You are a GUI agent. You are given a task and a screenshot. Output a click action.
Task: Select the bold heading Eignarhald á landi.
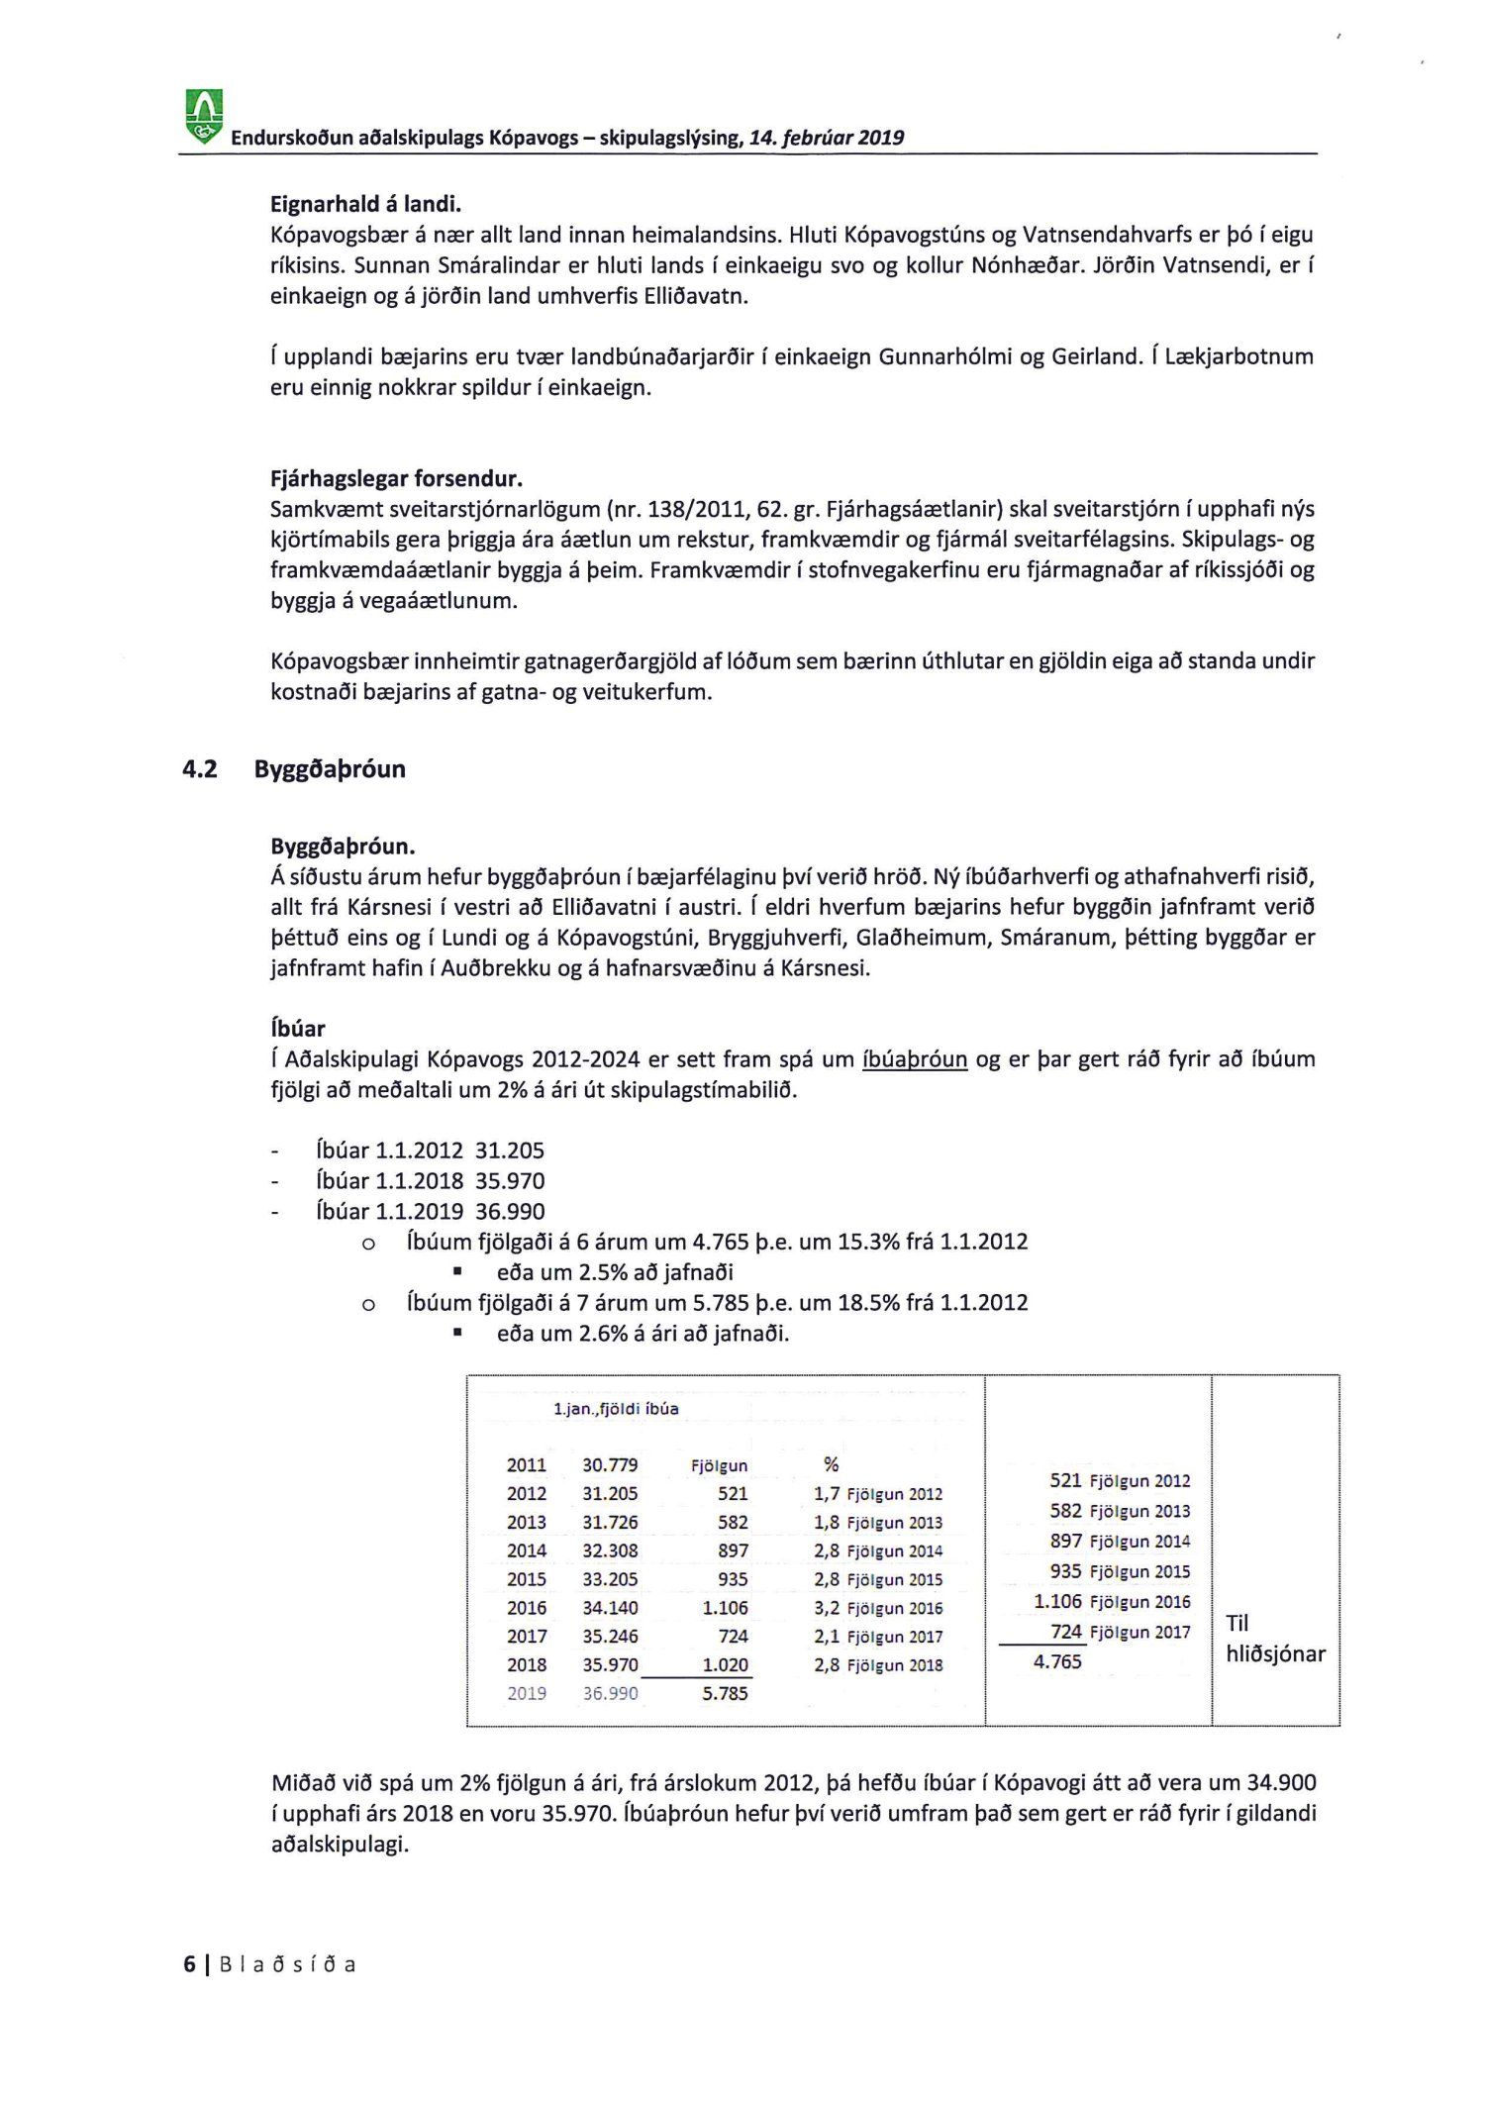pyautogui.click(x=365, y=204)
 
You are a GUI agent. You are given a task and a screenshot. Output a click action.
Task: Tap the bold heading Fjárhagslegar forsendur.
pyautogui.click(x=396, y=479)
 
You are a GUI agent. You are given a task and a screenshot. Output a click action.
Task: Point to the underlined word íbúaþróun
pyautogui.click(x=915, y=1059)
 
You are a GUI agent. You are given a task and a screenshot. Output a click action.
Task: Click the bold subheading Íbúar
pyautogui.click(x=297, y=1028)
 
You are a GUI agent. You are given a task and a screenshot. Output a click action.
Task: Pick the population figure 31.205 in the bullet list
pyautogui.click(x=510, y=1151)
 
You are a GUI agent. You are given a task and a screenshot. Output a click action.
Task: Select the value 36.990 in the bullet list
pyautogui.click(x=510, y=1212)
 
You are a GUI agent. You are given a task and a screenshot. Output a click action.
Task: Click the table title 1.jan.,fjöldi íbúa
pyautogui.click(x=616, y=1409)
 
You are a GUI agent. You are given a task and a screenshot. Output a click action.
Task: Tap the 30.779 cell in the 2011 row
pyautogui.click(x=610, y=1465)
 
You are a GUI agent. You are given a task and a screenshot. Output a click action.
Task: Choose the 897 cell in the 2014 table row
pyautogui.click(x=733, y=1551)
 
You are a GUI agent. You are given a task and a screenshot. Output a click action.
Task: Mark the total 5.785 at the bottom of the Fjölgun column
pyautogui.click(x=725, y=1694)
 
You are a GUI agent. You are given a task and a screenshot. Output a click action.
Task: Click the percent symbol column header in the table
pyautogui.click(x=832, y=1465)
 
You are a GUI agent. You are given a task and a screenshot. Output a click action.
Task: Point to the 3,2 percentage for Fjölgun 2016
pyautogui.click(x=827, y=1609)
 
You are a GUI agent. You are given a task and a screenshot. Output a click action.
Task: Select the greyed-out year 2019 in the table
pyautogui.click(x=527, y=1694)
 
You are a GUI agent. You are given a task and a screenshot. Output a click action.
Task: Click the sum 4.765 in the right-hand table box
pyautogui.click(x=1057, y=1662)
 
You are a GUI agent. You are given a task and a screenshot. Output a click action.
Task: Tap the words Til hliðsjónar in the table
pyautogui.click(x=1274, y=1639)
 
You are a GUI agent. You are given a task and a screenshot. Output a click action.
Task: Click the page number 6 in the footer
pyautogui.click(x=189, y=1965)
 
